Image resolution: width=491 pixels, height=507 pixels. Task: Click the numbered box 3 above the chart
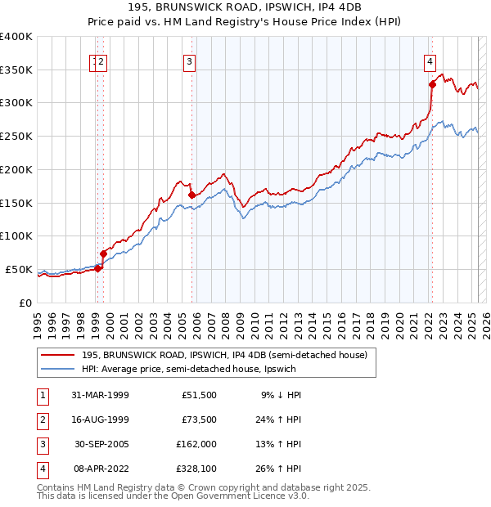189,61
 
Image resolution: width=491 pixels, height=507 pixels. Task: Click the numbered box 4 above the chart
430,61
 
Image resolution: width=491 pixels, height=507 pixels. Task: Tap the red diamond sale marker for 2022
432,83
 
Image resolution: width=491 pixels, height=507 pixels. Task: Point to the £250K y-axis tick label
16,137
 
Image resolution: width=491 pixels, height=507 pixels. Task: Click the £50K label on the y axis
20,269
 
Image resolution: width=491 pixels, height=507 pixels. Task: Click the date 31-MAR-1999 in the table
100,394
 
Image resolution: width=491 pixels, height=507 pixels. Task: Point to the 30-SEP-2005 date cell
100,444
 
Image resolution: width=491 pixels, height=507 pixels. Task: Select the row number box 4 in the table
41,469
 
